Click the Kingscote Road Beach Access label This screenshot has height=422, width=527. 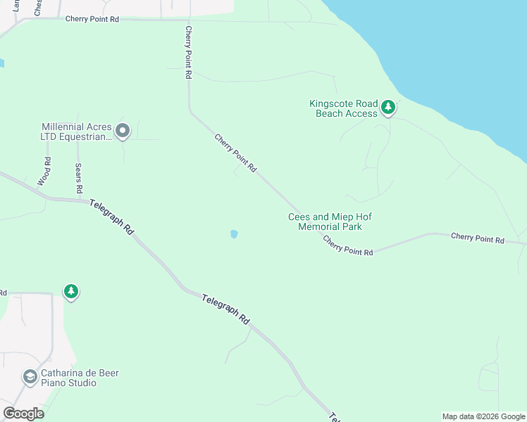tap(344, 108)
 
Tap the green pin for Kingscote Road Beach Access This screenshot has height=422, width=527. tap(387, 108)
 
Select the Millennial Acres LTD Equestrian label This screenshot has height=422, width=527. tap(77, 132)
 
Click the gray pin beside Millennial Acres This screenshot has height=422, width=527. tap(123, 130)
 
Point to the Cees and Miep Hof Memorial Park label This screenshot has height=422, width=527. tap(330, 222)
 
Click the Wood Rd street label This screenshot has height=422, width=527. tap(47, 171)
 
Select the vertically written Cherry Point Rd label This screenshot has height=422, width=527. tap(189, 52)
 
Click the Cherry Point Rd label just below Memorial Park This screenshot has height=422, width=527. tap(348, 245)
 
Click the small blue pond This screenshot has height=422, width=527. tap(234, 234)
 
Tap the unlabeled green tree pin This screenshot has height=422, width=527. tap(70, 291)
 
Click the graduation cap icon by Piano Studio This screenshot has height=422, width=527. tap(30, 378)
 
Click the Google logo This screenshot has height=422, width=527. tap(23, 414)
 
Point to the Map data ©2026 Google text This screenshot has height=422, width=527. tap(483, 416)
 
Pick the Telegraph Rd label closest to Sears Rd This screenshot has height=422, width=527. tap(112, 217)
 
